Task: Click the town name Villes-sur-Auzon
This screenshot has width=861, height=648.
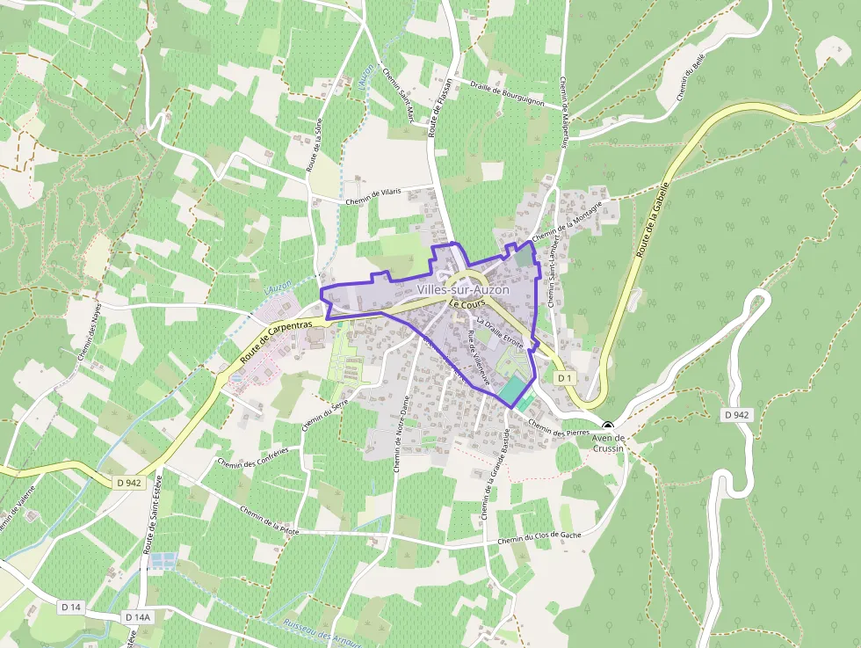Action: [463, 289]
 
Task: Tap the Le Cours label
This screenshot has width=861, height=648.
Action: [467, 303]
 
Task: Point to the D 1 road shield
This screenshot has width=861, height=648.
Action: [565, 377]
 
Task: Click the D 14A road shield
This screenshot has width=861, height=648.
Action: [138, 617]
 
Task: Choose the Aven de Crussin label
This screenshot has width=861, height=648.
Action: [607, 443]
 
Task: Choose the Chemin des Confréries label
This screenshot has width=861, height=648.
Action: [251, 457]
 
